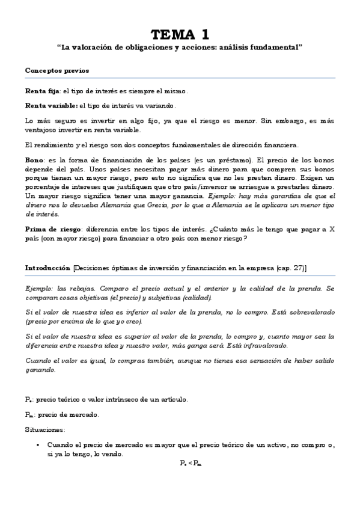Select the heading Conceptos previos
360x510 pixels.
point(57,70)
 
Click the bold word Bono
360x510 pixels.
point(35,160)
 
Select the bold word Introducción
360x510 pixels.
point(48,267)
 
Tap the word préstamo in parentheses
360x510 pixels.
point(231,160)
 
